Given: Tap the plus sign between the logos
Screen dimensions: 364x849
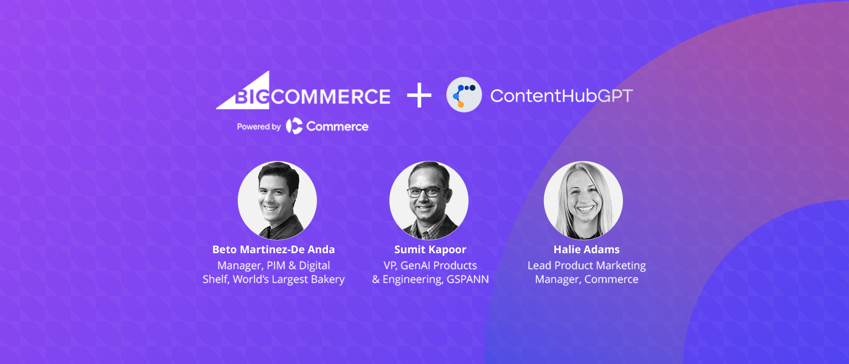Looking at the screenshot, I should tap(419, 95).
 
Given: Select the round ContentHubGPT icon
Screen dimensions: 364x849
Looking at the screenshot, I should tap(464, 95).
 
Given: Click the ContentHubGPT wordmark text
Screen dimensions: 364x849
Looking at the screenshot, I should tap(561, 96).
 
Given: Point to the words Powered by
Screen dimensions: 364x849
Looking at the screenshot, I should tap(259, 127).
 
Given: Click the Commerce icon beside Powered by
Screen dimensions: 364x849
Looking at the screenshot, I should tap(294, 126).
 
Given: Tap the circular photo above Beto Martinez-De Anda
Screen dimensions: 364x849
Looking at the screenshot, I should tap(277, 200).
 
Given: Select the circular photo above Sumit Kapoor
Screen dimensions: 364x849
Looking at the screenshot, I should tap(429, 200).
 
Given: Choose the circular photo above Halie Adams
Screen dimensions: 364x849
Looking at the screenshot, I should tap(583, 200).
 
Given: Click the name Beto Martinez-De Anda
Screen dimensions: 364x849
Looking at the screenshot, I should tap(274, 250).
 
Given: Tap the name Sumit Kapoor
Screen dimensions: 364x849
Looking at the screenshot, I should tap(430, 250).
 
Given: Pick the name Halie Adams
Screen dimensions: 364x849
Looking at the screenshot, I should tap(587, 250).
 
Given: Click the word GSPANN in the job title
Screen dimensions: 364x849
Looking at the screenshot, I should tap(467, 279).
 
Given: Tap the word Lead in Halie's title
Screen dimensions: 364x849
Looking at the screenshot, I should tap(539, 265).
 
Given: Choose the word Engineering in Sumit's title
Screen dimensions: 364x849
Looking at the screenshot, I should tap(412, 279).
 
